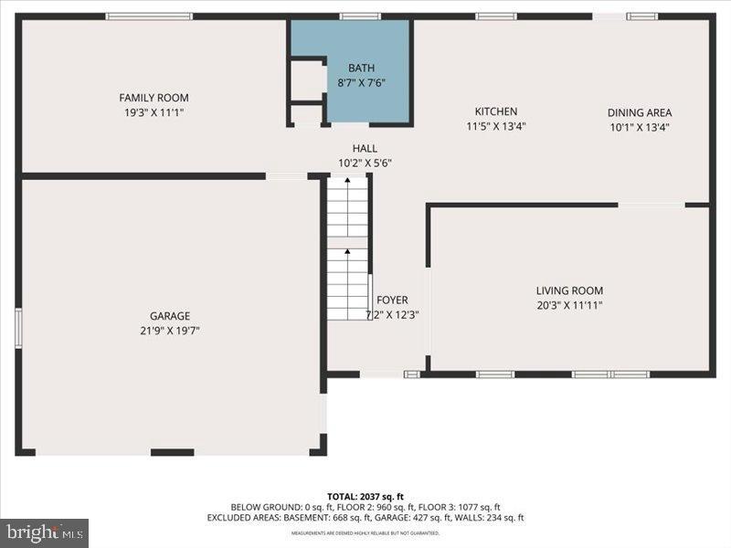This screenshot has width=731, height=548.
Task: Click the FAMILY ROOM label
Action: tap(154, 98)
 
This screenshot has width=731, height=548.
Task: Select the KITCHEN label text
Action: tap(495, 111)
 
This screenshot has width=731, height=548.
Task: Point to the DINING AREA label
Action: tap(639, 112)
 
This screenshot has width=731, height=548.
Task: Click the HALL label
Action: tap(365, 149)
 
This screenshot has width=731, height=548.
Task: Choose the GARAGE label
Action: tap(170, 316)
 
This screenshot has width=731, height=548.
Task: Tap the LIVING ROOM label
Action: tap(568, 290)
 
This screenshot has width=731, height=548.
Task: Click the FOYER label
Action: tap(392, 300)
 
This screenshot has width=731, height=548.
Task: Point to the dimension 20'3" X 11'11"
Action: tap(568, 305)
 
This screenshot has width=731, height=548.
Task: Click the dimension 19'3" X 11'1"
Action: tap(154, 112)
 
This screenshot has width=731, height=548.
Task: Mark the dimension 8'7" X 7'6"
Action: tap(361, 82)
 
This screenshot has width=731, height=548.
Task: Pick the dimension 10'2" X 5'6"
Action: tap(365, 163)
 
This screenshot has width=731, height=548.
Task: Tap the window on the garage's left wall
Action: tap(17, 328)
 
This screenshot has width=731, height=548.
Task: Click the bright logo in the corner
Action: tap(44, 532)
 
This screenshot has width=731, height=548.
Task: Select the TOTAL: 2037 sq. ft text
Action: tap(365, 496)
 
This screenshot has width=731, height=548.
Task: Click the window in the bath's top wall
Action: tap(360, 16)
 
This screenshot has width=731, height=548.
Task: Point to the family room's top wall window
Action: tap(149, 16)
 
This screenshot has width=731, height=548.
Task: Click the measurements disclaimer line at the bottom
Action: tap(365, 532)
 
